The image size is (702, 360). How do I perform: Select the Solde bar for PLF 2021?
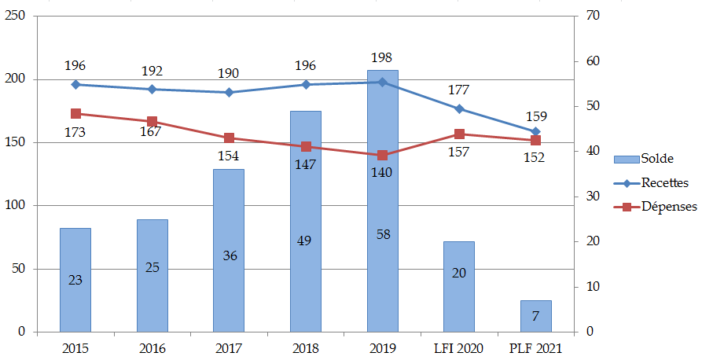(535, 316)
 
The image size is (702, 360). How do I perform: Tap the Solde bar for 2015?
(75, 280)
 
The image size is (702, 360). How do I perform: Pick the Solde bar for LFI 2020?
(458, 286)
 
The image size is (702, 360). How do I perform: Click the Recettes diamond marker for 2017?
(229, 92)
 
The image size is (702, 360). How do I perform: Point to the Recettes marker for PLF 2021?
(535, 131)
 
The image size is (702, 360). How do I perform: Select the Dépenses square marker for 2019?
(382, 155)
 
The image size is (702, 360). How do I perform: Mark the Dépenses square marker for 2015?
(75, 113)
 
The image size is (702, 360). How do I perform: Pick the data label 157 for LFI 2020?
(458, 152)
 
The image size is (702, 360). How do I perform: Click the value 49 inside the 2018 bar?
(305, 241)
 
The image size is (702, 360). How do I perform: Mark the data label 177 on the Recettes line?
(458, 90)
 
